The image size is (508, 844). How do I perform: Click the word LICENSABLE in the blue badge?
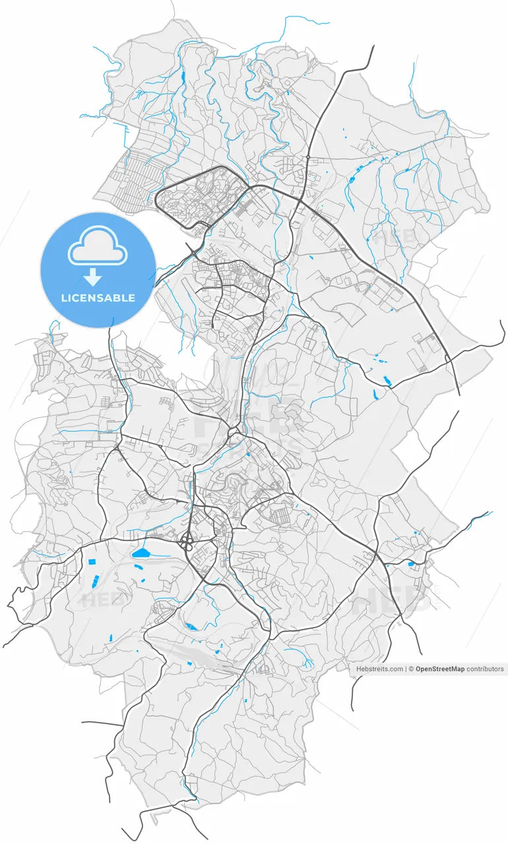[98, 298]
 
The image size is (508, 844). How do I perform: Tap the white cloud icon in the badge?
[98, 246]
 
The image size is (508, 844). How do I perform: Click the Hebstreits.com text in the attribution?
[379, 669]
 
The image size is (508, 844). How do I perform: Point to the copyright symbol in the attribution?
[411, 669]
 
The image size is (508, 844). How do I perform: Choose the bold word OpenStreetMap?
[440, 669]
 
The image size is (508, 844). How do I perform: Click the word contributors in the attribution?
[485, 669]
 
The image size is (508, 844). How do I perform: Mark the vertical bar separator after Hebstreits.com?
[406, 669]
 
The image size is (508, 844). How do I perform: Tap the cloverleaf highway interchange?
[188, 544]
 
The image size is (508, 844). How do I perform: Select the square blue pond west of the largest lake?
[91, 562]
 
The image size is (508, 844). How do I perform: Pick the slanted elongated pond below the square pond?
[94, 582]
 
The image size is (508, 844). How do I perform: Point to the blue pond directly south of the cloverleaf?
[191, 626]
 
